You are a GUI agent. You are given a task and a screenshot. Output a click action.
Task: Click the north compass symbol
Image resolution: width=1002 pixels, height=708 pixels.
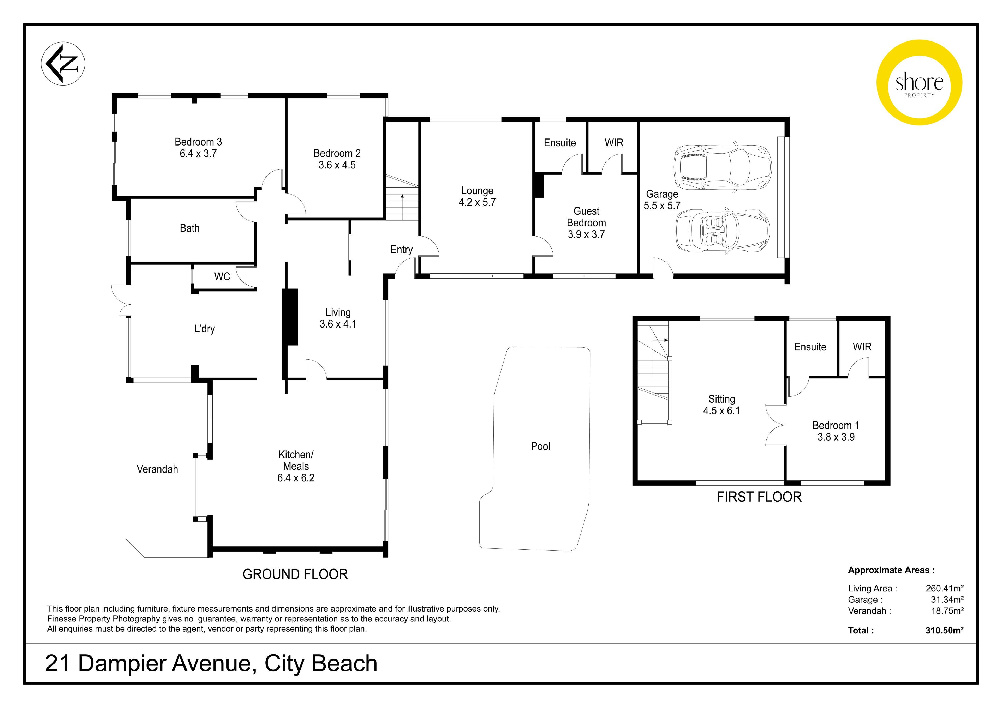63,64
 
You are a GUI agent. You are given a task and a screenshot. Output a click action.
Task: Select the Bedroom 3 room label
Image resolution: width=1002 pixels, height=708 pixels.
198,142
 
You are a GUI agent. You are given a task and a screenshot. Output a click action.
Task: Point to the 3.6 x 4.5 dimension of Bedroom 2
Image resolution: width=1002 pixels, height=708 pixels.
337,165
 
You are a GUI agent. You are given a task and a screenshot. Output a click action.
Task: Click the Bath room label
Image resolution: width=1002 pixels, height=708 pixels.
189,228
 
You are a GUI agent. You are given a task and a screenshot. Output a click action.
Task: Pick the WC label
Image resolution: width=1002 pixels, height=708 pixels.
222,277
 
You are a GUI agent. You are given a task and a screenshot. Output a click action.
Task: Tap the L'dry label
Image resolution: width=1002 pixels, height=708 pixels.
205,329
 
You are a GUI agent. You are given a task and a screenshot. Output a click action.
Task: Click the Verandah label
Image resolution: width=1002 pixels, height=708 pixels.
157,469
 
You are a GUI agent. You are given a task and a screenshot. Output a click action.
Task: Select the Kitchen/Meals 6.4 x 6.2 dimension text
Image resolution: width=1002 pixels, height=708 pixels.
296,478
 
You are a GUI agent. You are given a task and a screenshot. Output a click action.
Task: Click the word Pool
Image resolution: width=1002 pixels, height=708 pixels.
540,446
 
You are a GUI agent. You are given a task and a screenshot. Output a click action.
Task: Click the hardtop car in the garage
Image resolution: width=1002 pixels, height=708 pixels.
722,168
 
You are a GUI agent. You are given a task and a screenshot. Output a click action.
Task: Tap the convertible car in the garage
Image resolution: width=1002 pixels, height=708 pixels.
722,231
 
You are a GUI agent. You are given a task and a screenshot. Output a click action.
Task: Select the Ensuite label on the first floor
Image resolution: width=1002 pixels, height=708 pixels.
810,347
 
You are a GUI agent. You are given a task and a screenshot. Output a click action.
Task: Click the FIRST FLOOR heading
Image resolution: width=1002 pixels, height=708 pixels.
759,497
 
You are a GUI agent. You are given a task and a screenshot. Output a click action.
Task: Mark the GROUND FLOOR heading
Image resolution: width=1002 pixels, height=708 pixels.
295,574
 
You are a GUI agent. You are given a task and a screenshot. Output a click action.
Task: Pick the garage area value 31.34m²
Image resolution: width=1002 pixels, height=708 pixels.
947,599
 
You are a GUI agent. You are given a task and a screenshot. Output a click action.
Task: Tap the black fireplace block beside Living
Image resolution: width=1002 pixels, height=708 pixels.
290,317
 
